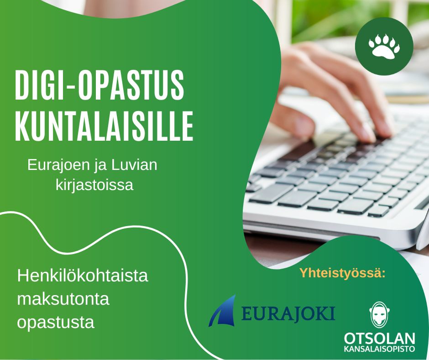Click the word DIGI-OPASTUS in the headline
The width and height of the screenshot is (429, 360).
tap(99, 85)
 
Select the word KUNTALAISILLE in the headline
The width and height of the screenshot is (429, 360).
tap(104, 126)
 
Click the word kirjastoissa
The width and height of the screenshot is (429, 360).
tap(94, 185)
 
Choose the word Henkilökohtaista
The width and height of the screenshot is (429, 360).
tap(83, 275)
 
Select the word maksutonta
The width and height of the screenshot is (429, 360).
tap(63, 299)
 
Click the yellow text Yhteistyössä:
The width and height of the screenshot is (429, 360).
tap(342, 273)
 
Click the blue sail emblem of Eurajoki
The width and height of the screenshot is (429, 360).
tap(222, 311)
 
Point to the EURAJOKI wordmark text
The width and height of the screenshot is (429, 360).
tap(288, 314)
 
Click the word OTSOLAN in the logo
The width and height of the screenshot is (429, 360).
tap(379, 339)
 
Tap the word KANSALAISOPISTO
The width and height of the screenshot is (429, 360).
tap(379, 349)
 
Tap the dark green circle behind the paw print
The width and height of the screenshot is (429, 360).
tap(384, 46)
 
